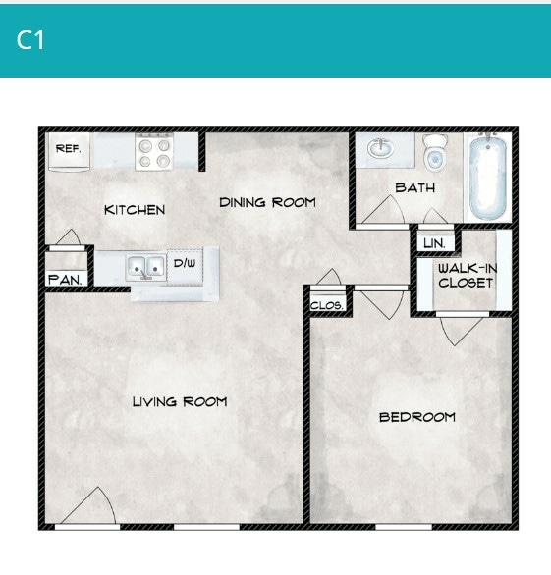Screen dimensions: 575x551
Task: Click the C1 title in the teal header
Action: [x=30, y=40]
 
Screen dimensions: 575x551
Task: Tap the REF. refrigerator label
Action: [x=68, y=149]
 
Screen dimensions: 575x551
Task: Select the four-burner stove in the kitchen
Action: [x=153, y=152]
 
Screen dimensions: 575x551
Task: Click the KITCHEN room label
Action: [x=135, y=210]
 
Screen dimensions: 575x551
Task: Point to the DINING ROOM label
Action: [x=267, y=203]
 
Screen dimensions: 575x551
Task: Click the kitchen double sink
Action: [x=145, y=265]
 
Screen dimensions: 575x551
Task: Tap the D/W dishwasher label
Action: [x=185, y=263]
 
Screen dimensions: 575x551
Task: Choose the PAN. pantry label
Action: [x=65, y=279]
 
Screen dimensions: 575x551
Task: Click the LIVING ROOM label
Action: [x=180, y=401]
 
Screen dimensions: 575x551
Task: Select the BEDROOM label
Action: [x=417, y=417]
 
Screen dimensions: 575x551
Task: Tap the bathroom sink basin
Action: [x=380, y=149]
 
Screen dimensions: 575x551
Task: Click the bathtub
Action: [x=488, y=177]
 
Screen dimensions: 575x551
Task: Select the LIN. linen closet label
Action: [x=433, y=242]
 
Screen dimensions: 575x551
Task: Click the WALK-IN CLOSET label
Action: [x=466, y=276]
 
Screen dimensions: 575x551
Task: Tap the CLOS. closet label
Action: [x=327, y=305]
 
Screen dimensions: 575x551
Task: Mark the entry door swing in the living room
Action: [x=96, y=508]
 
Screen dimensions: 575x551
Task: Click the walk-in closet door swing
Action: [x=460, y=329]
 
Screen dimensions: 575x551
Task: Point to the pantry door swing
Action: [x=68, y=238]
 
